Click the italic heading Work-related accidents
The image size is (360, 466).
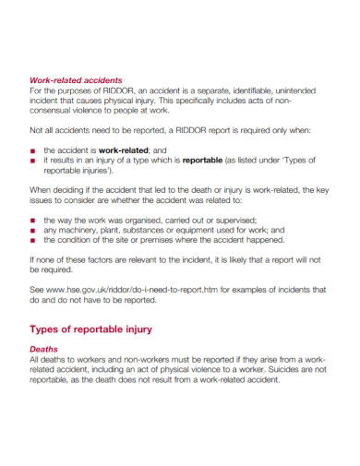76,80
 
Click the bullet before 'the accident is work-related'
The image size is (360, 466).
34,150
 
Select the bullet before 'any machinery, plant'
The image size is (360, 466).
34,231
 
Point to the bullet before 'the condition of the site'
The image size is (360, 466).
34,240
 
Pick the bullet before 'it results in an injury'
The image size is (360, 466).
34,161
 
